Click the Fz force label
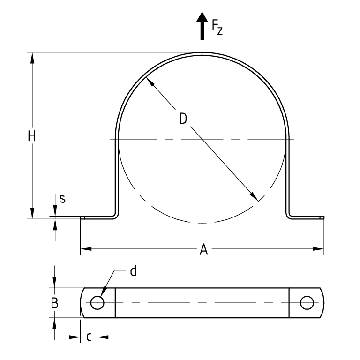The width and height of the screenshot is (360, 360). [x=217, y=27]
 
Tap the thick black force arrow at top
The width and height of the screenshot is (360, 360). [x=202, y=26]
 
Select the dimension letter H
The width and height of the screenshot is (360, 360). [x=32, y=136]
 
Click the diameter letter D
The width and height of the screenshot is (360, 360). [x=183, y=119]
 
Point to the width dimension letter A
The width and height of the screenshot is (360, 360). [x=204, y=249]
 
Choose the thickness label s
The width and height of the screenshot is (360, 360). [x=62, y=199]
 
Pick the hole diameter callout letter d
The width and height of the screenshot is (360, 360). [x=133, y=271]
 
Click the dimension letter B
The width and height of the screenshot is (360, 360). [x=55, y=303]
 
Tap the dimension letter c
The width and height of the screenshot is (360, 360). [x=89, y=337]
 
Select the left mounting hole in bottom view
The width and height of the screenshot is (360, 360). [x=97, y=303]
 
